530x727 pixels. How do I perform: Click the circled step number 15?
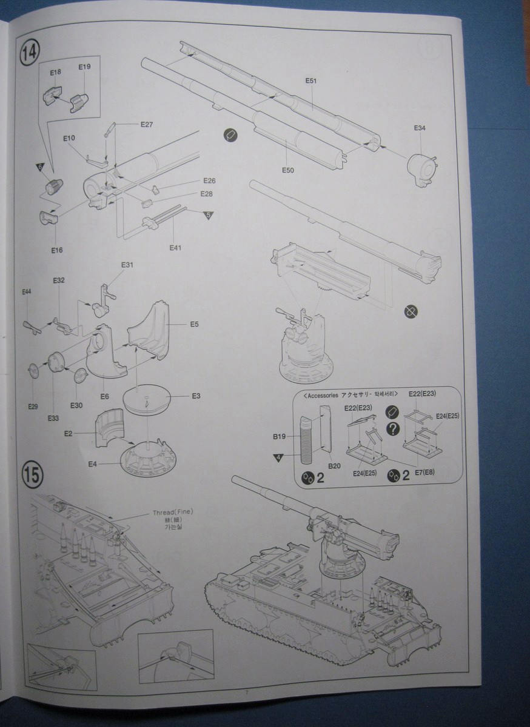32,474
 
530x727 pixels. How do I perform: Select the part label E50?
287,171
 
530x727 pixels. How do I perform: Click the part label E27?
147,125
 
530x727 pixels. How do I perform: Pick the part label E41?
175,247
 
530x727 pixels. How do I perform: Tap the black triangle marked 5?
208,215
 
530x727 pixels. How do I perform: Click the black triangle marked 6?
39,167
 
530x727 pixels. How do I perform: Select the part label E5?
194,324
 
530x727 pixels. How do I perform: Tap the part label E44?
27,292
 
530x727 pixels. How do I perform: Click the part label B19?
279,436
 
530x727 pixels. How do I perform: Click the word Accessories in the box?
323,394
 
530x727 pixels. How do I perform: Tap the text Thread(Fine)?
172,513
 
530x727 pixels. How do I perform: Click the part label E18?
55,73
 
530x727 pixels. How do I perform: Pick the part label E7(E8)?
429,471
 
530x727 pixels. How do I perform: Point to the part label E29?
32,407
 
